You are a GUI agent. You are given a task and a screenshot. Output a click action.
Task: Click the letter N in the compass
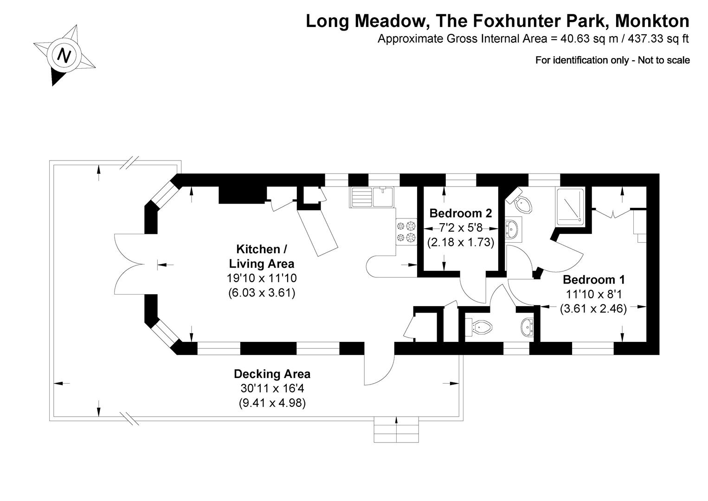(x=64, y=56)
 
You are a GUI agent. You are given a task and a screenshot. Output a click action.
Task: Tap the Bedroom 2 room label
(x=460, y=213)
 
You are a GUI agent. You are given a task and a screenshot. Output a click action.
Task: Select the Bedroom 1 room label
(x=593, y=280)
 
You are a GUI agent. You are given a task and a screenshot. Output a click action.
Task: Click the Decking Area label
(x=272, y=374)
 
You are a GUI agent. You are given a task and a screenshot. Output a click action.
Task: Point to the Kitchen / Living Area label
(x=261, y=257)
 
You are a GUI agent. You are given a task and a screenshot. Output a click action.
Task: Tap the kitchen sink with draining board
(x=372, y=197)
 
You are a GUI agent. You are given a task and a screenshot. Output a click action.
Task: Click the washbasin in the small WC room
(x=527, y=328)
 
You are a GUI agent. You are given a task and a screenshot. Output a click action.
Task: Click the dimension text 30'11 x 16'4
(x=272, y=388)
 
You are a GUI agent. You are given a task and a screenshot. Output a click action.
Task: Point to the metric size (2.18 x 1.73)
(x=460, y=242)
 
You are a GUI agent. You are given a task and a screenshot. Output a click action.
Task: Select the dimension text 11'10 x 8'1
(x=593, y=294)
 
